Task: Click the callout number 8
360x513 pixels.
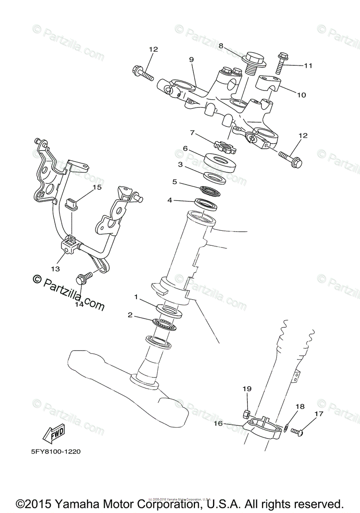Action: (221, 46)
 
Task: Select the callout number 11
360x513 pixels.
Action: (308, 66)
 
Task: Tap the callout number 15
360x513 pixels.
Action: (97, 187)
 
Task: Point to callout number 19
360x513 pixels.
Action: (247, 389)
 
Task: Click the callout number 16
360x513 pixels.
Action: (218, 423)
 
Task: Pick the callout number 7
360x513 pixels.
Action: (193, 133)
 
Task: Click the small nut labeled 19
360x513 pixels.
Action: (246, 413)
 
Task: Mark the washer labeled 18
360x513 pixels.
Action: (285, 427)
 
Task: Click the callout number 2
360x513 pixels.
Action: (130, 315)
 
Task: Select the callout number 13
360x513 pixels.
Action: (55, 269)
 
